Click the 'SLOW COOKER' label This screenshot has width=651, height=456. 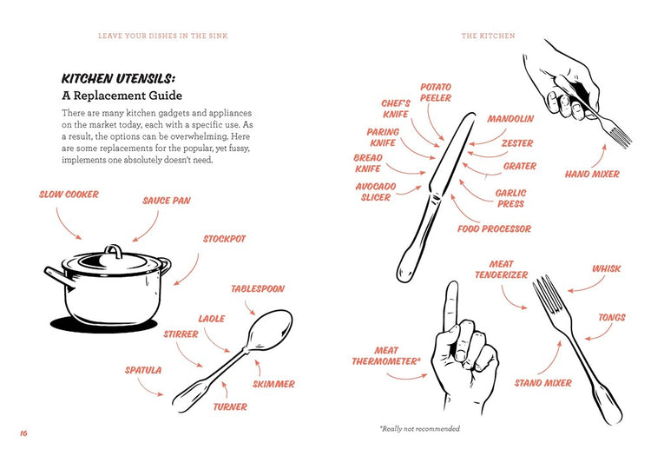click(x=69, y=195)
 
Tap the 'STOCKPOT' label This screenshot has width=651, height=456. click(x=224, y=239)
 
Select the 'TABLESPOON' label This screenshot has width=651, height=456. click(x=258, y=288)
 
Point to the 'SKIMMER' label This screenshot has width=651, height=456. click(x=274, y=384)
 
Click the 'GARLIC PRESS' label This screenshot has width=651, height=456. click(x=510, y=199)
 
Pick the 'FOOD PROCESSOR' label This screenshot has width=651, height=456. click(x=494, y=228)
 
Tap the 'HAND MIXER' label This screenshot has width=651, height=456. click(x=592, y=174)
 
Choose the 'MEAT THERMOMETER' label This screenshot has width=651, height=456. click(x=386, y=356)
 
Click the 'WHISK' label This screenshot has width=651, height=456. click(x=606, y=268)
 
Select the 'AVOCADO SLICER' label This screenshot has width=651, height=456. click(x=376, y=192)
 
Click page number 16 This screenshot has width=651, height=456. click(x=23, y=433)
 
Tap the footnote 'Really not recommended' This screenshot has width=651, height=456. click(x=420, y=428)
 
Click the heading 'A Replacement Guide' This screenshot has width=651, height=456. click(x=122, y=96)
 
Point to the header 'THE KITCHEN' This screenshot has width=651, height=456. click(x=488, y=36)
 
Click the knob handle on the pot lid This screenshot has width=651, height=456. click(x=114, y=250)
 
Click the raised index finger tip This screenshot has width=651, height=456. click(x=452, y=287)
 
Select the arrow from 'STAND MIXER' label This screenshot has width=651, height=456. click(x=552, y=360)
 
